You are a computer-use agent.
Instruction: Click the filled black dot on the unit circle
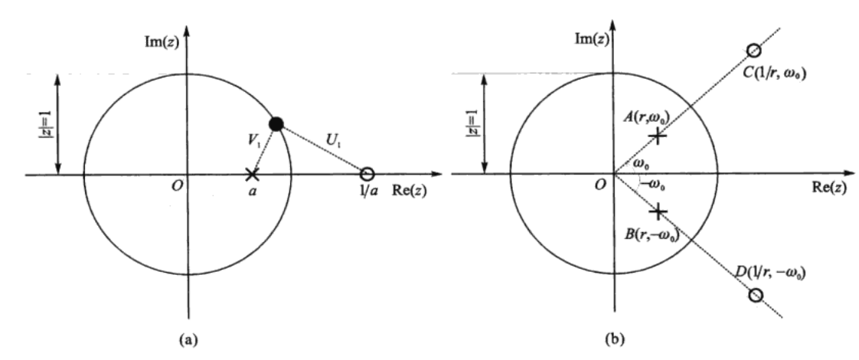pyautogui.click(x=276, y=124)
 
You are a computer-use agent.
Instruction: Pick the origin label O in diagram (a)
pyautogui.click(x=178, y=187)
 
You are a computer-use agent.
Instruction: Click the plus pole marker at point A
pyautogui.click(x=657, y=136)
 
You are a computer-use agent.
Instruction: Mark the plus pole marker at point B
pyautogui.click(x=657, y=211)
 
